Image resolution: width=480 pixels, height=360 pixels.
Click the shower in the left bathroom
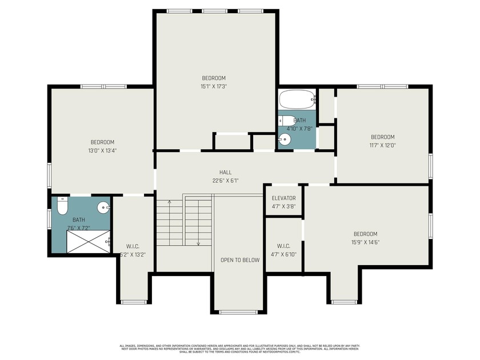coord(89,242)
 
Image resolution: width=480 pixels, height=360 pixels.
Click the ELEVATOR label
coord(283,198)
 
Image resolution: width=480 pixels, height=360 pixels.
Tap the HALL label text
coord(225,172)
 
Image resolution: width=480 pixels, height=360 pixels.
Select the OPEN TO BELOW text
coord(240,260)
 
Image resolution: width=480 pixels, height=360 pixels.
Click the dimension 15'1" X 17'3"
coord(214,87)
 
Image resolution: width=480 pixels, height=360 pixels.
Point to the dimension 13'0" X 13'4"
coord(102,151)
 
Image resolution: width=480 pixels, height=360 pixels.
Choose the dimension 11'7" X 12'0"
coord(382,145)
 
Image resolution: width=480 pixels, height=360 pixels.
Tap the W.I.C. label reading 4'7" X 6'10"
coord(283,254)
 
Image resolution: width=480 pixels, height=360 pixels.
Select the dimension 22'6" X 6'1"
coord(225,181)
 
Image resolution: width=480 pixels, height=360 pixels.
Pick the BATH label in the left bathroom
coord(78,219)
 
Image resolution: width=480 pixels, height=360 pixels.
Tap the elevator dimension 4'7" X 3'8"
coord(283,206)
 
